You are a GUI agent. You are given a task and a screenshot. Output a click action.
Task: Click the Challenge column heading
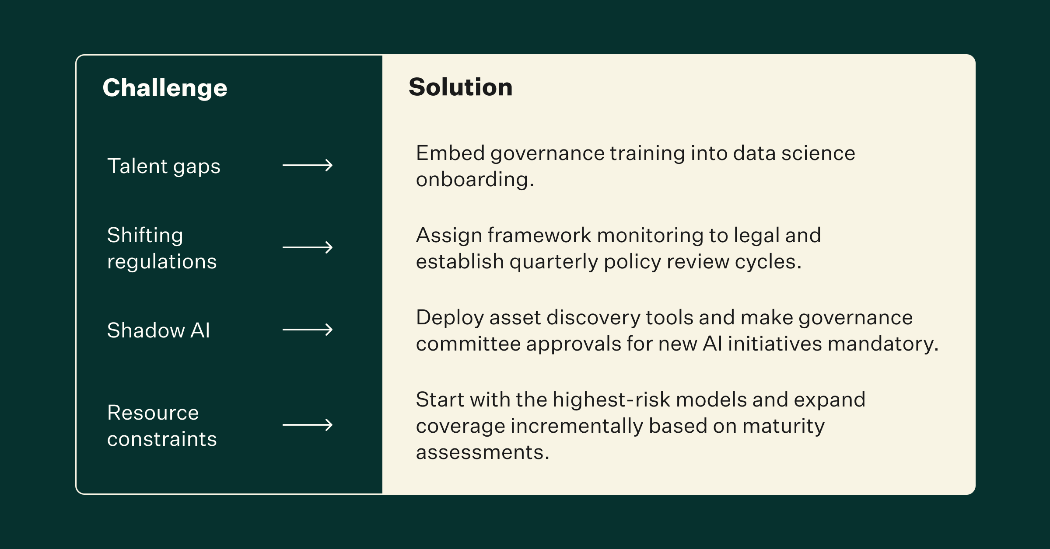coord(165,88)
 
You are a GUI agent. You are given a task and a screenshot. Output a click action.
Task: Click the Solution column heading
coord(460,87)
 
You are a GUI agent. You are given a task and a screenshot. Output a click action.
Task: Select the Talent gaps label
coord(164,167)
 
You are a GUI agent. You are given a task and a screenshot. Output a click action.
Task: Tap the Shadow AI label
coord(158,330)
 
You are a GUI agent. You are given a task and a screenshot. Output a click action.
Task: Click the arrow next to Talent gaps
coord(308,165)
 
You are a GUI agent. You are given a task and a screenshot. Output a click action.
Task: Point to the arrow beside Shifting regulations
coord(308,247)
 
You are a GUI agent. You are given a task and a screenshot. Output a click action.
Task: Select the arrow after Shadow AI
coord(308,330)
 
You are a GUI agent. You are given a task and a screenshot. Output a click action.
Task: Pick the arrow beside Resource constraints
coord(308,425)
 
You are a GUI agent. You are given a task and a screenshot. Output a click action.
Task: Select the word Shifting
coord(145,236)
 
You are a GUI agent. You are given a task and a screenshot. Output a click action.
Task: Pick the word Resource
coord(153,413)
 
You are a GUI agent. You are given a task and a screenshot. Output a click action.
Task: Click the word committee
coord(468,344)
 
